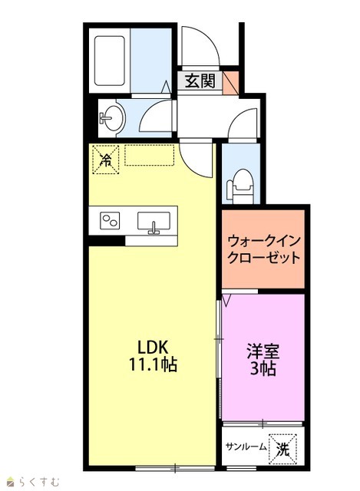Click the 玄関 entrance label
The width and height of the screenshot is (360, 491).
point(200,81)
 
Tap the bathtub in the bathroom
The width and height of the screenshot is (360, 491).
point(109,61)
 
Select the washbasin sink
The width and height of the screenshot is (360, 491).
point(113,118)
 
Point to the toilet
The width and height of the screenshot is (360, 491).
point(241,186)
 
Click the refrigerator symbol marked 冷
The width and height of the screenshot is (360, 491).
point(106,160)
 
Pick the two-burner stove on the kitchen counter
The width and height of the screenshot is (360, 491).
point(110,220)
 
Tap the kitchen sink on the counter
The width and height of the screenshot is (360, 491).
point(154,222)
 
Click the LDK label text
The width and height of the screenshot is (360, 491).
point(154,348)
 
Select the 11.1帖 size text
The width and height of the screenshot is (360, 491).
point(154,364)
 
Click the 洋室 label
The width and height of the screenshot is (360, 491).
point(263,351)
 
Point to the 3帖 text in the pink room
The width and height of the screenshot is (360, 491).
point(263,368)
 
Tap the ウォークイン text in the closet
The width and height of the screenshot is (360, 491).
point(263,241)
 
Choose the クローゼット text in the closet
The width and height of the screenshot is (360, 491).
point(263,258)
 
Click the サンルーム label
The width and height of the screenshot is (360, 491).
point(246,447)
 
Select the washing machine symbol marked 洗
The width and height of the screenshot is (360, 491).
point(282,449)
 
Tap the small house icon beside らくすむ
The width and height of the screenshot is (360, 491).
point(12,481)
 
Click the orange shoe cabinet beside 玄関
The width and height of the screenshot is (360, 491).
point(230,83)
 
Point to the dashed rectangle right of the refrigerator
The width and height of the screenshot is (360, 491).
point(150,155)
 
